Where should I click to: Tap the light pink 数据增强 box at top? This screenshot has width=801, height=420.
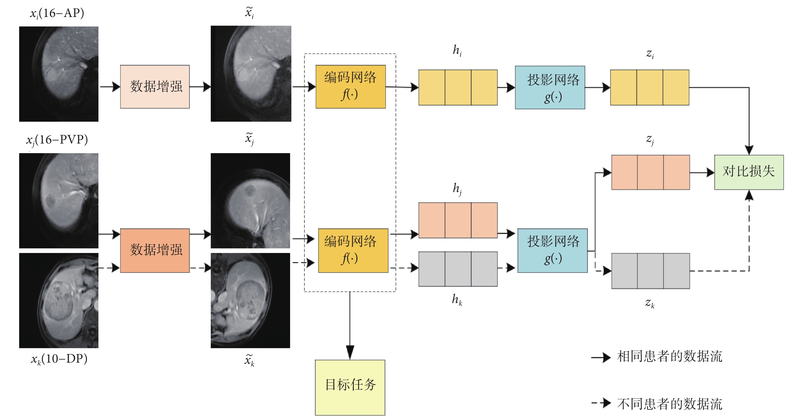155,87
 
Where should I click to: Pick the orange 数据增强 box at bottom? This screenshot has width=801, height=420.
155,250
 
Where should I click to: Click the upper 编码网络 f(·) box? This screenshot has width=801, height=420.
350,87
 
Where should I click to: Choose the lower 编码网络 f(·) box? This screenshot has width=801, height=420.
353,250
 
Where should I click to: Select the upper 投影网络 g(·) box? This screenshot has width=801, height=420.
550,87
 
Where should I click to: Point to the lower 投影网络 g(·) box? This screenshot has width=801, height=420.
552,250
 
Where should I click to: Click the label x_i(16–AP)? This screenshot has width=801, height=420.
57,13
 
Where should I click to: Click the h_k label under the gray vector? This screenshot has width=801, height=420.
457,299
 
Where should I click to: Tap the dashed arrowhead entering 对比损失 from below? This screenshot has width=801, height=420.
749,195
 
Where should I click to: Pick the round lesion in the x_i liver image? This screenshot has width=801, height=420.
51,75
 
